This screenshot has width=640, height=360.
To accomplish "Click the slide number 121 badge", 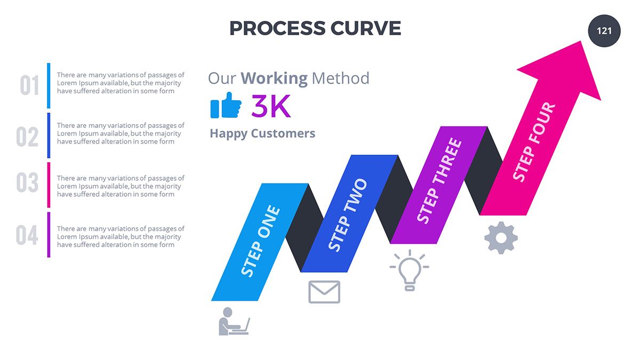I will [x=604, y=31].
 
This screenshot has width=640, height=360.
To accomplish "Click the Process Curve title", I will [x=315, y=28].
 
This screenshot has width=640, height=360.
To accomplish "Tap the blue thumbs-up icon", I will [x=226, y=106].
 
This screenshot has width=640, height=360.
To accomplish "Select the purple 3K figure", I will [x=271, y=107].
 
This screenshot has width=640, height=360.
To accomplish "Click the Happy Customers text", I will [x=262, y=133].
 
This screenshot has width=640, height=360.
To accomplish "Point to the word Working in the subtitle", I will [x=274, y=78].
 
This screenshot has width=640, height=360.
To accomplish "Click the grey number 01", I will [x=29, y=86].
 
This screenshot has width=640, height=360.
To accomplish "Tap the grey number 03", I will [x=27, y=183].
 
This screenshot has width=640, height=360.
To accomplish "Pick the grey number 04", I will [x=27, y=235].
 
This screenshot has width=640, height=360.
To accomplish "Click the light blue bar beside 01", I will [x=49, y=85].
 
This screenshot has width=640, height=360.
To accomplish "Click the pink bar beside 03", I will [x=49, y=185].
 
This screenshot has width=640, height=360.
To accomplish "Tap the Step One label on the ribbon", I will [x=260, y=241].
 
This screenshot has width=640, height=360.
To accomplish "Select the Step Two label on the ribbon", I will [x=348, y=215].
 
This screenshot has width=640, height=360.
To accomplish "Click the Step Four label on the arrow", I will [x=534, y=142].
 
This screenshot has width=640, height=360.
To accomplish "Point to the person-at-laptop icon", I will [x=233, y=321].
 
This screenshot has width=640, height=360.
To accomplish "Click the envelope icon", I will [x=324, y=292].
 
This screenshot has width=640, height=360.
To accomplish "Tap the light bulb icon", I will [x=409, y=270].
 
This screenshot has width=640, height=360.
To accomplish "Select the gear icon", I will [x=501, y=237].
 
